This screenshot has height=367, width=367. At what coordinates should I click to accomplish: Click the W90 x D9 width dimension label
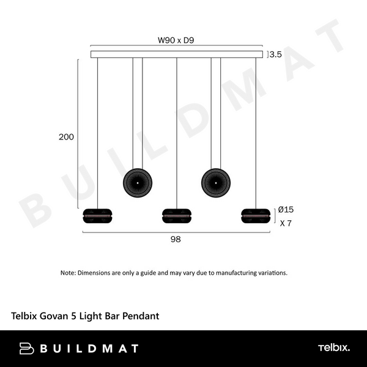(176, 40)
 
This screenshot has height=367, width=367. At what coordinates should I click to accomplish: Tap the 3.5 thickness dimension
(275, 54)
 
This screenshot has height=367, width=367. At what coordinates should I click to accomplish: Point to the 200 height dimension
(66, 137)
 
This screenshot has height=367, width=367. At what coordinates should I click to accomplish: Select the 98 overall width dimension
(176, 239)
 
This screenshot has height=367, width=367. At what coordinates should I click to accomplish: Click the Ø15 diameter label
(286, 209)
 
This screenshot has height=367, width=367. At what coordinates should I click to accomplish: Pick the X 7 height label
(286, 223)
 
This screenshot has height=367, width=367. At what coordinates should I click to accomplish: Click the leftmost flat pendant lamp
(97, 216)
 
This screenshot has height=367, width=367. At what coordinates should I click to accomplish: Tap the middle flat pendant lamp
(177, 216)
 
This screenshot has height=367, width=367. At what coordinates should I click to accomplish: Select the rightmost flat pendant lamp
(256, 216)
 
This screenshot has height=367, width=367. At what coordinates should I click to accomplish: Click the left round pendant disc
(138, 183)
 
